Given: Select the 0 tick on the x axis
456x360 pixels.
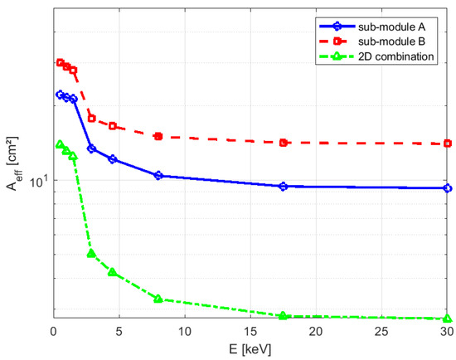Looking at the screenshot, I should pyautogui.click(x=53, y=333).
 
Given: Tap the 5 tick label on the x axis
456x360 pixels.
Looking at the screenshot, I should pyautogui.click(x=119, y=333).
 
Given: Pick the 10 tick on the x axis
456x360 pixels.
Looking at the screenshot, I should pyautogui.click(x=184, y=333).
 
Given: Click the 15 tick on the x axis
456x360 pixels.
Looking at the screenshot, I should pyautogui.click(x=250, y=333).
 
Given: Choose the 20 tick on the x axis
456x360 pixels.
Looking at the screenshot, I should pyautogui.click(x=316, y=333).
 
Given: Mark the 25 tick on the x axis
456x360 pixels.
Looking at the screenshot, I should pyautogui.click(x=381, y=333).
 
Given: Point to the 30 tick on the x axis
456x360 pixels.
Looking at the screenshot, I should pyautogui.click(x=447, y=333).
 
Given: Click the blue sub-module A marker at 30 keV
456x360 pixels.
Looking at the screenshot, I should pyautogui.click(x=448, y=188).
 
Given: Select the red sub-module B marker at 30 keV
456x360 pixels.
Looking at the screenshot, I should pyautogui.click(x=448, y=144).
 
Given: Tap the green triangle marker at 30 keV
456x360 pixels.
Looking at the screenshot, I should pyautogui.click(x=448, y=319).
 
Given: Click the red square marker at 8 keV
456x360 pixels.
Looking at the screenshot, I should pyautogui.click(x=158, y=136).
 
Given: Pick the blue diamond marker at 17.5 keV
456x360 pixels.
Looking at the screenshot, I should pyautogui.click(x=284, y=187).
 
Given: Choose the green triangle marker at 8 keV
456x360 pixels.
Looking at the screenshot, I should pyautogui.click(x=158, y=299).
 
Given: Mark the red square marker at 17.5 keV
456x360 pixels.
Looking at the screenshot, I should pyautogui.click(x=284, y=143).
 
